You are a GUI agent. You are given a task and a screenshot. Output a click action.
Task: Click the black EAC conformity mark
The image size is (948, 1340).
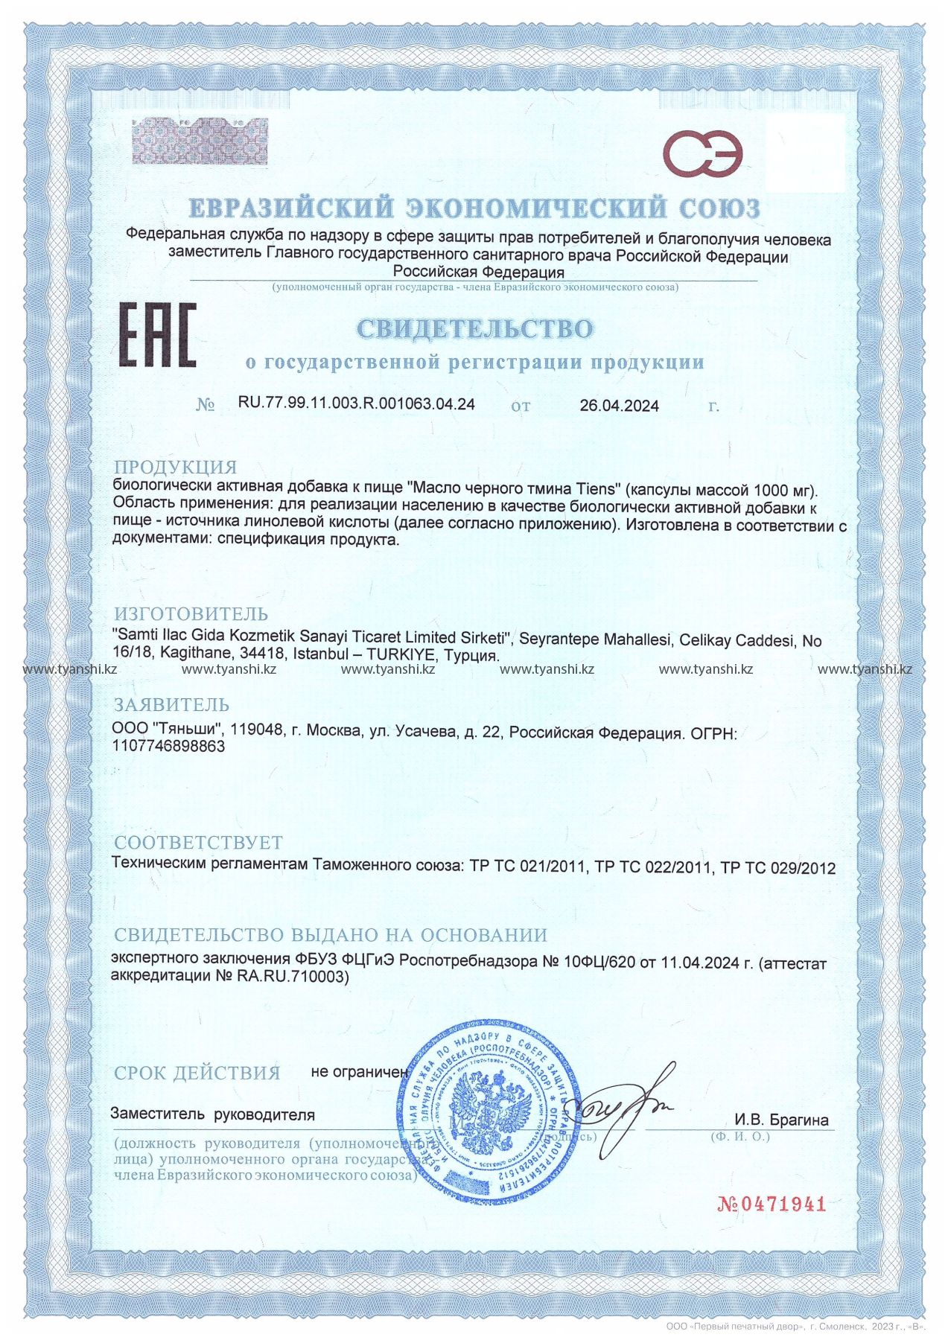point(158,335)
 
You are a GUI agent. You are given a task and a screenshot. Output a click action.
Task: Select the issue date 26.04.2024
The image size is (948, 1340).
point(619,406)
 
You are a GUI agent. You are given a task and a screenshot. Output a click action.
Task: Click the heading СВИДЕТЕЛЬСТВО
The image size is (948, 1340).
point(474,328)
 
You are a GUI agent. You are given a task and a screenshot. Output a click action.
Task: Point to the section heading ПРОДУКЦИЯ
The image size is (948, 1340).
point(175,468)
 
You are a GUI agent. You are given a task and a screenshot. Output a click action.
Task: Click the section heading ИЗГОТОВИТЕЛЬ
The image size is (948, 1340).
point(191,614)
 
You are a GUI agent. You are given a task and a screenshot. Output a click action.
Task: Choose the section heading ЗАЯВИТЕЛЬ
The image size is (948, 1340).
point(171,704)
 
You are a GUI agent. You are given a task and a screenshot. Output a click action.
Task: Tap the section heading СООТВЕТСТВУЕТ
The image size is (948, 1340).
point(198,842)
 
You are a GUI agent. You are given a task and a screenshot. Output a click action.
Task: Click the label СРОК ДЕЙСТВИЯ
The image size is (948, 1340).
point(197,1073)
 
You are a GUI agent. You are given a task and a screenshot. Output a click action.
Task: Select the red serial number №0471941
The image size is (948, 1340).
point(772,1204)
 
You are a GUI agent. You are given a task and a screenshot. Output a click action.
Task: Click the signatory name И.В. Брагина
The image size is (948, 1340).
point(781,1120)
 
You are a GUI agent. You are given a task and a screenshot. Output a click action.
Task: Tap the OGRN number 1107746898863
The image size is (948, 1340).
point(168,746)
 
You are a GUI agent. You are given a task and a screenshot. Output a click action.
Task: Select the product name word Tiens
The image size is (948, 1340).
point(598,490)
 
